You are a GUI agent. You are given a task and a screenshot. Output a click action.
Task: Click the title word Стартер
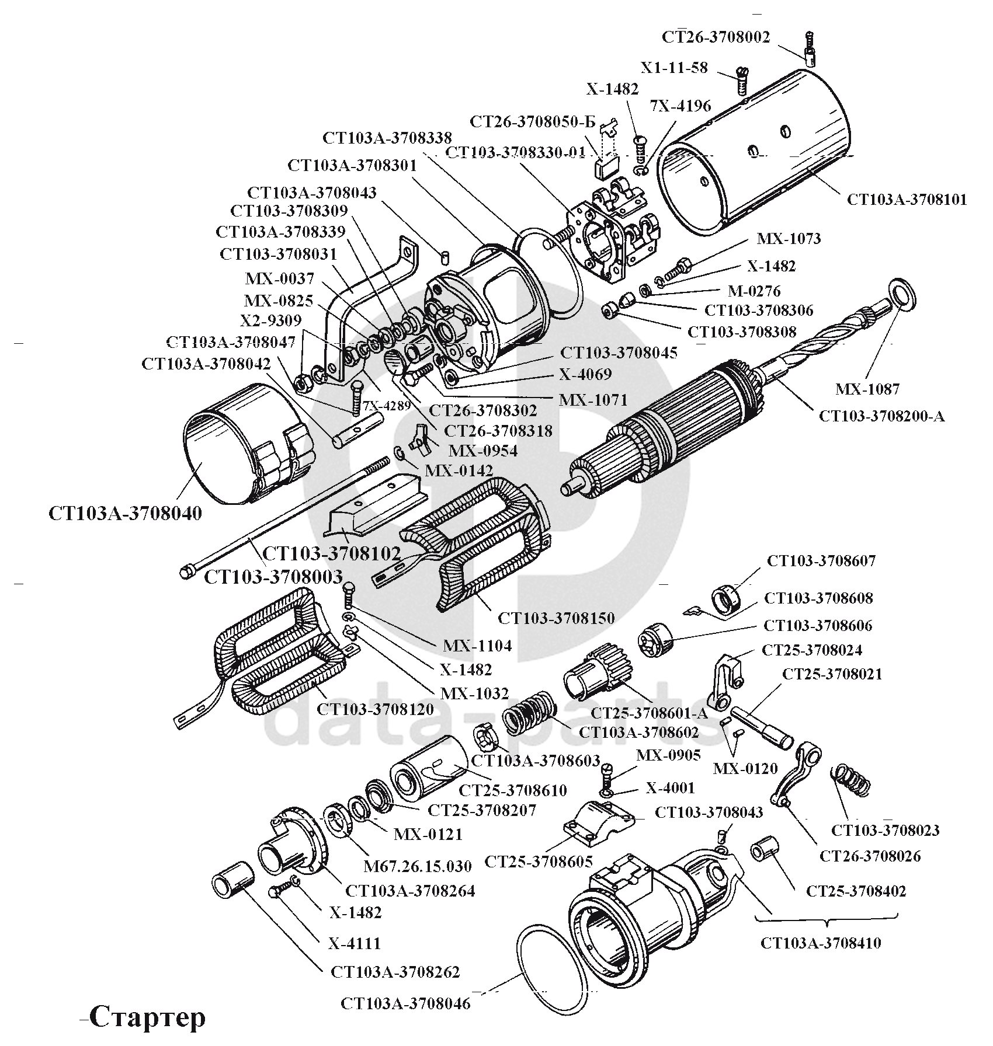(x=147, y=1017)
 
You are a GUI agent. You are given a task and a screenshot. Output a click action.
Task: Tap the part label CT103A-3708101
(x=907, y=200)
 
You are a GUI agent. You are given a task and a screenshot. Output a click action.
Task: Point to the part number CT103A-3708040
(x=125, y=513)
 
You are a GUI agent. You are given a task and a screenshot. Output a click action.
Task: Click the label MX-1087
(x=867, y=389)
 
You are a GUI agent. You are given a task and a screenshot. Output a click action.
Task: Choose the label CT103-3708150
(x=556, y=617)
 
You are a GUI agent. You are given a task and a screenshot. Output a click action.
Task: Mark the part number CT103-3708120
(x=375, y=709)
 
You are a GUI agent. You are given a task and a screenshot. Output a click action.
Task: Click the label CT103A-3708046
(x=405, y=1004)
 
